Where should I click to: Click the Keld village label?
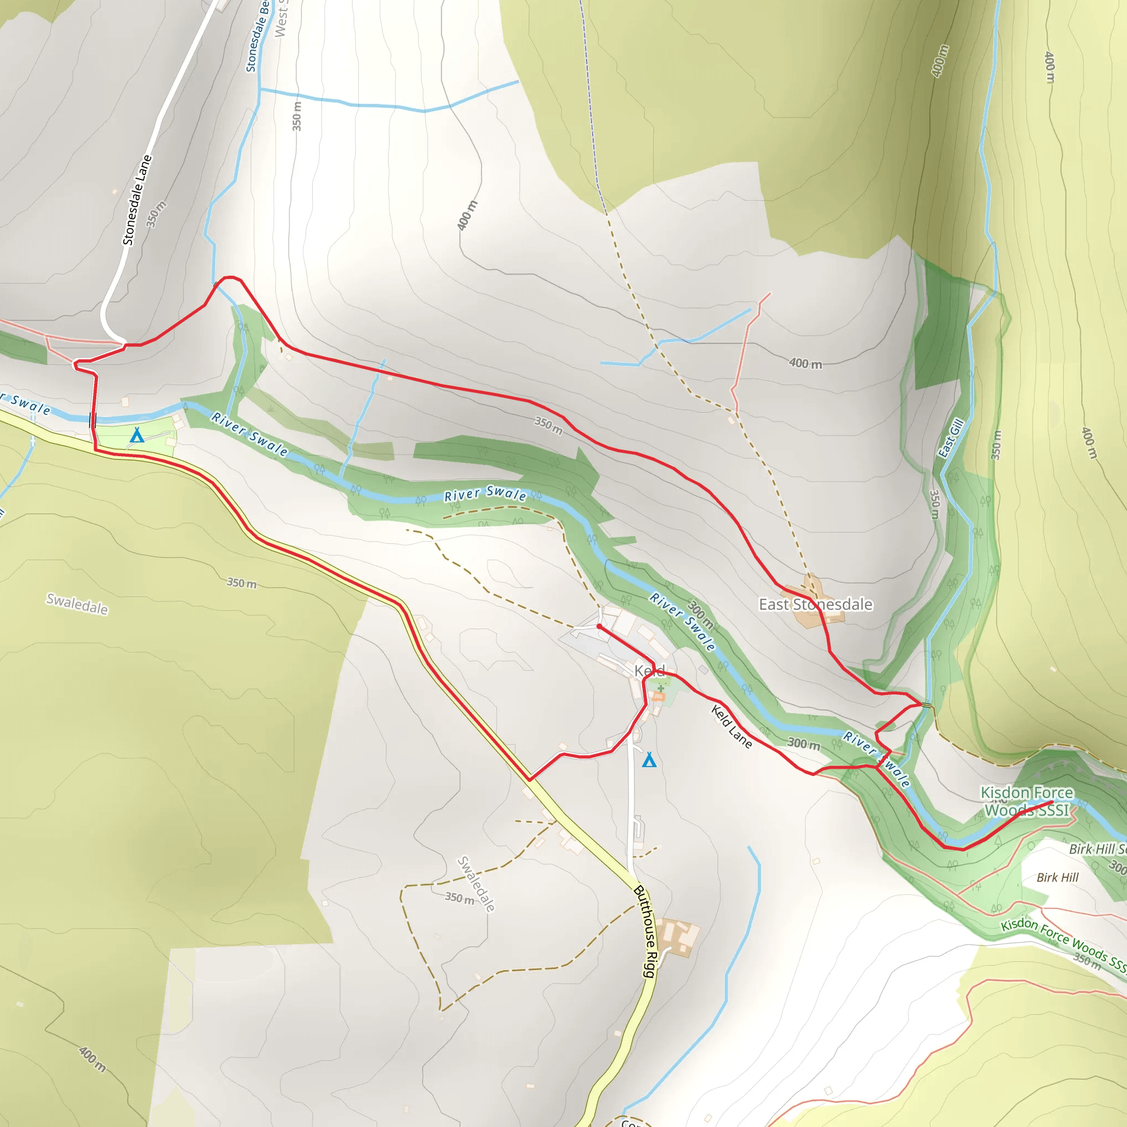[x=649, y=671]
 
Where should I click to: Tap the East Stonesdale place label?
[x=815, y=604]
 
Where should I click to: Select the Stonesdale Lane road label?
[x=136, y=200]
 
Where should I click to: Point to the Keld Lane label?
[x=731, y=726]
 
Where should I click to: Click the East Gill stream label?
[x=950, y=438]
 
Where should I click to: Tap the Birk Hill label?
[x=1057, y=877]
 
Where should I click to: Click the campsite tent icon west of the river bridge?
[x=136, y=435]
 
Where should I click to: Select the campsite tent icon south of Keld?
[x=649, y=760]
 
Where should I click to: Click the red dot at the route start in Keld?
[x=599, y=626]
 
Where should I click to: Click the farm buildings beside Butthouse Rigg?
[x=677, y=937]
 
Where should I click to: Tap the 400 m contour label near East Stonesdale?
[x=805, y=363]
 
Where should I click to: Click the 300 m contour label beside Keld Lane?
[x=803, y=743]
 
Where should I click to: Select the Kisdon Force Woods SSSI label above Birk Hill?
[x=1027, y=801]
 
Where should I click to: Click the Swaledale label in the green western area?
[x=77, y=604]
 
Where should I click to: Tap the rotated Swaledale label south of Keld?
[x=476, y=884]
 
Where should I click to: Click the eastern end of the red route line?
[x=1052, y=804]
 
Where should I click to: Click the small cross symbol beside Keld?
[x=660, y=688]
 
